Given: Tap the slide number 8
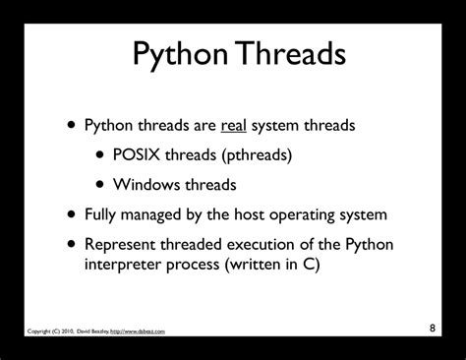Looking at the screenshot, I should [432, 327].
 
